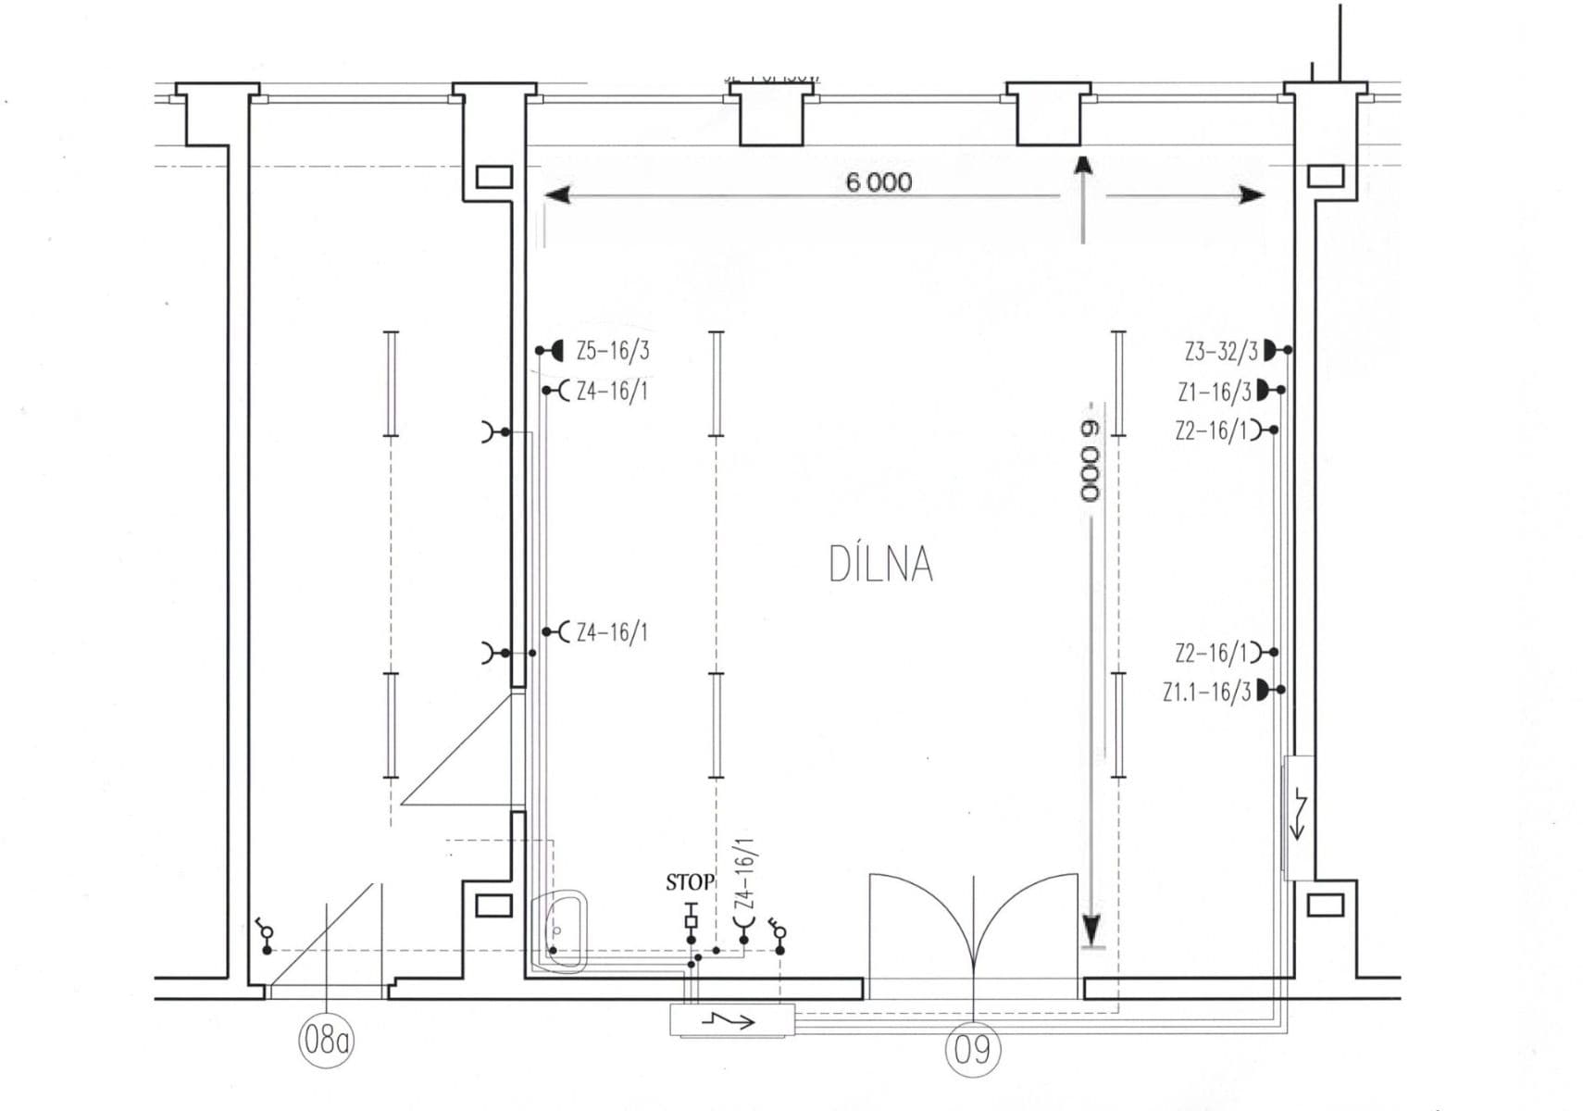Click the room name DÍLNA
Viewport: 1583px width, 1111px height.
(x=880, y=565)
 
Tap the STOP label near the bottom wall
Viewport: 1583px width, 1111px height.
(x=690, y=882)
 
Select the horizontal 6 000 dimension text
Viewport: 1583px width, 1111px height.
(x=879, y=181)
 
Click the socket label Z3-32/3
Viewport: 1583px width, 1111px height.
(x=1221, y=351)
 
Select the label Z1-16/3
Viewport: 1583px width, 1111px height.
(x=1215, y=392)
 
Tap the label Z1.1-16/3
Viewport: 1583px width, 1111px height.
(x=1207, y=692)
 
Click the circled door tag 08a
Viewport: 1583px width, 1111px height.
(x=327, y=1041)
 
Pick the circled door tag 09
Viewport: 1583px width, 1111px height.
(x=972, y=1049)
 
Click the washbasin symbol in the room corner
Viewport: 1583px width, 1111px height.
(x=564, y=931)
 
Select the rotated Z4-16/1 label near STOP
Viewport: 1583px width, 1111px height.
(x=744, y=876)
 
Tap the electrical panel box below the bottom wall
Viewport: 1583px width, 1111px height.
(x=731, y=1021)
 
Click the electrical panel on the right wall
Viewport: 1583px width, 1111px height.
(x=1297, y=817)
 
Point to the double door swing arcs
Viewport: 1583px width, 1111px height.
(x=973, y=917)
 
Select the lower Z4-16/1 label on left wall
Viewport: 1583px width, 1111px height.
(x=611, y=632)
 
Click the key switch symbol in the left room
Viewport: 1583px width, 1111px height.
(x=267, y=933)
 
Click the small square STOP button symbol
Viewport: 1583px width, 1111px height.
(x=691, y=921)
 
